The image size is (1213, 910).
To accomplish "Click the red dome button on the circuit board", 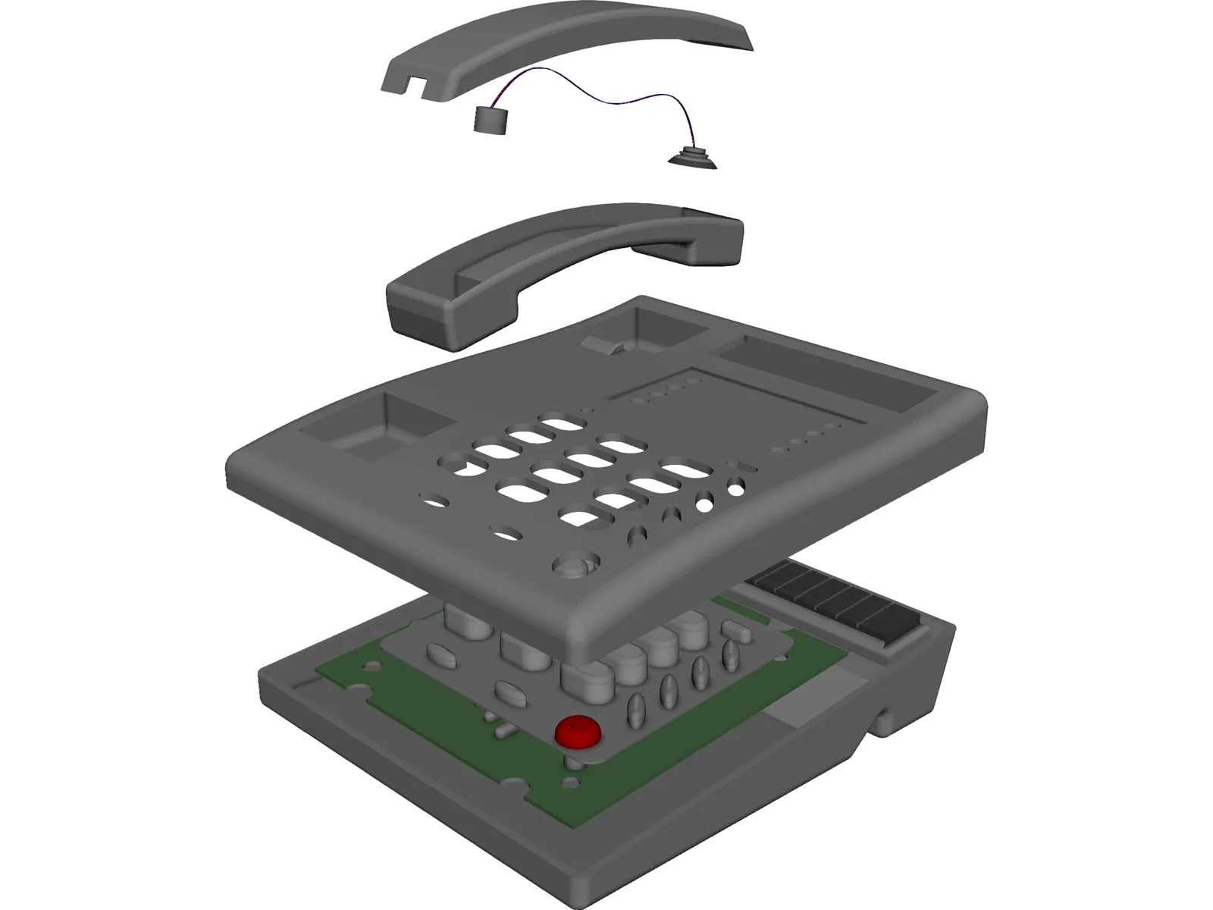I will pyautogui.click(x=578, y=732).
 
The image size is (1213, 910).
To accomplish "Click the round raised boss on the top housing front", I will pyautogui.click(x=575, y=567).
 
